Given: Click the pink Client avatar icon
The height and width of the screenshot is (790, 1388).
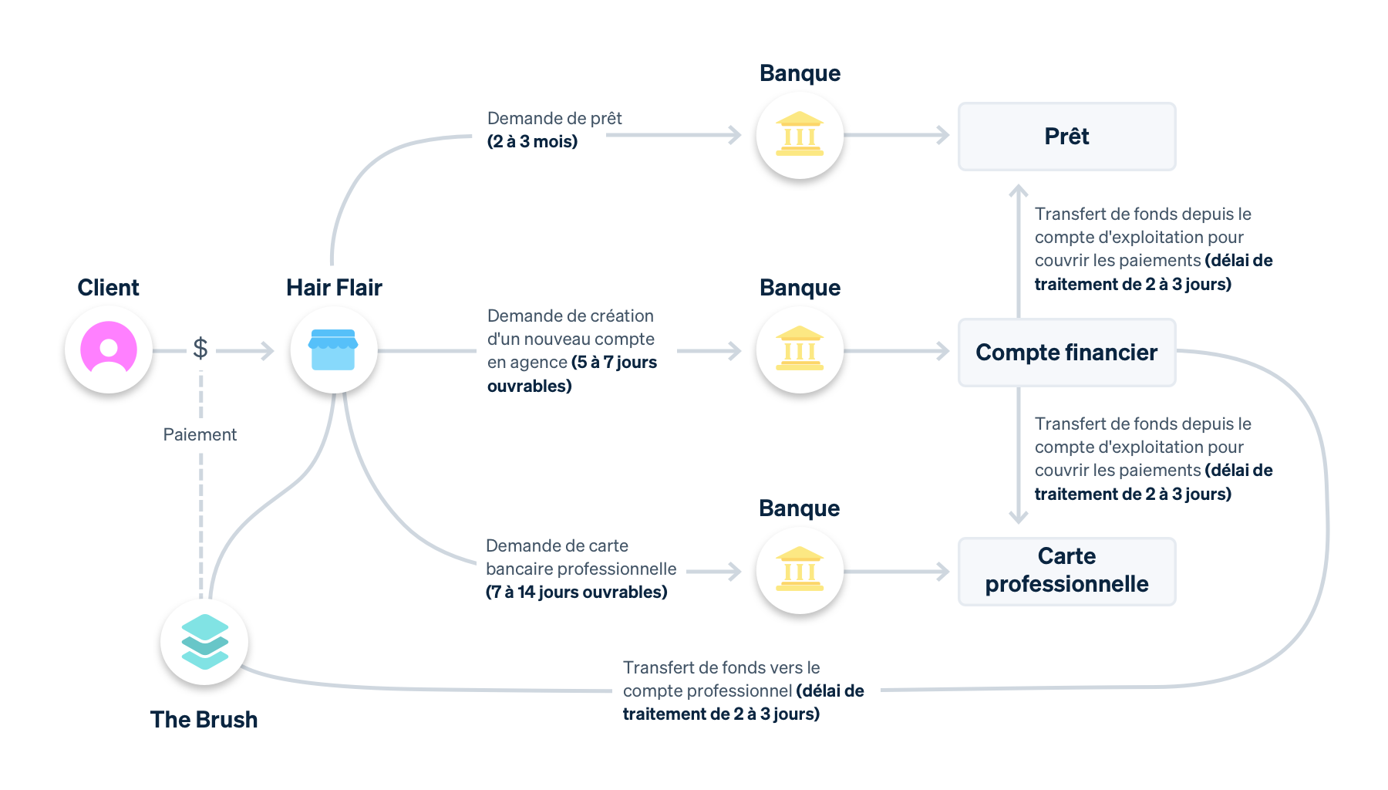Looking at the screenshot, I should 109,349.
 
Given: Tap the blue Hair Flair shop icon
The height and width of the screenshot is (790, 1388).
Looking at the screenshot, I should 333,350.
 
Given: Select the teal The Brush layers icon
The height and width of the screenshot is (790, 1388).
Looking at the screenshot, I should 204,642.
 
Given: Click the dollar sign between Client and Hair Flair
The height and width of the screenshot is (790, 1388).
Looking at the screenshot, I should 200,349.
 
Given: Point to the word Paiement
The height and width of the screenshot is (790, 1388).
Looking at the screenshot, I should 200,434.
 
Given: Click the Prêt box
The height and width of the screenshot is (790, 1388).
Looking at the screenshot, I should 1066,137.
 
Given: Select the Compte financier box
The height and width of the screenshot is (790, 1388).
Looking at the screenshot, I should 1066,353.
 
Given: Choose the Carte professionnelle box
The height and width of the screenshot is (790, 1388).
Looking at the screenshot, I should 1066,571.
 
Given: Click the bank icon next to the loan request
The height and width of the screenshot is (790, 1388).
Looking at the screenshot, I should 800,135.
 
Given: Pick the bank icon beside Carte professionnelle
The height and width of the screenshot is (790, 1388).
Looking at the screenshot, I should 800,570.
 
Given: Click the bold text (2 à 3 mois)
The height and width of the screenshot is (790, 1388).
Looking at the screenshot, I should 532,142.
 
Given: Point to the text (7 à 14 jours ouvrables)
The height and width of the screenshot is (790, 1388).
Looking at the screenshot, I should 576,592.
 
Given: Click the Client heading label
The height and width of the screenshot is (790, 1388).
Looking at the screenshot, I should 108,288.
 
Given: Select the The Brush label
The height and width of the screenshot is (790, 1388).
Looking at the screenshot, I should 204,719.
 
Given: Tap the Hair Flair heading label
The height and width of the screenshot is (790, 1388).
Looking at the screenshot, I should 334,288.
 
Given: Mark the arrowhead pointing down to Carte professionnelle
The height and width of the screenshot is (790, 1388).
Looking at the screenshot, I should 1019,518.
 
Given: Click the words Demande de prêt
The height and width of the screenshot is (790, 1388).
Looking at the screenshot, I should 554,118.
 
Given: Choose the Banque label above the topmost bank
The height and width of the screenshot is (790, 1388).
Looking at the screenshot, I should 800,73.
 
